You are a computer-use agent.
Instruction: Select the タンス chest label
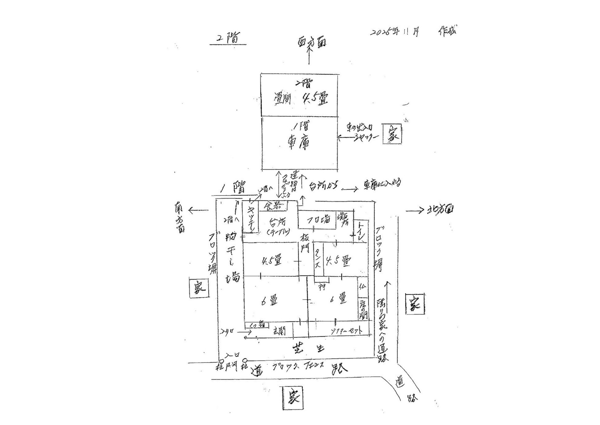tap(318, 259)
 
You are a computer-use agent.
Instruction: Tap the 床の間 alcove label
tap(363, 309)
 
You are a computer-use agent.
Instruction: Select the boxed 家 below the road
tap(293, 398)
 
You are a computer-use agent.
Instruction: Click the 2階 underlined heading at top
tap(227, 38)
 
